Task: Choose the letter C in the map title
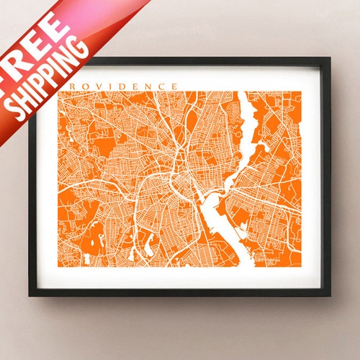pos(162,86)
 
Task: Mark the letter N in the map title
pos(150,86)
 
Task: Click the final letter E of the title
pos(174,86)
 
